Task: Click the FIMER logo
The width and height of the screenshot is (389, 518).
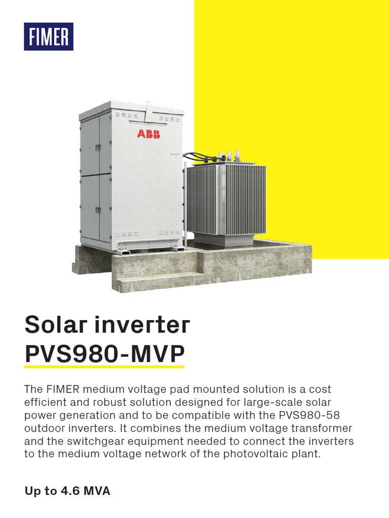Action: (x=49, y=37)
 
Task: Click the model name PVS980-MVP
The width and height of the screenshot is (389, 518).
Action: (x=104, y=355)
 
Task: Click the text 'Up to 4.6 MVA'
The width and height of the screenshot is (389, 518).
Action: (x=67, y=491)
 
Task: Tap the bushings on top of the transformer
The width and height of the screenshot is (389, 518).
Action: (x=229, y=155)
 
